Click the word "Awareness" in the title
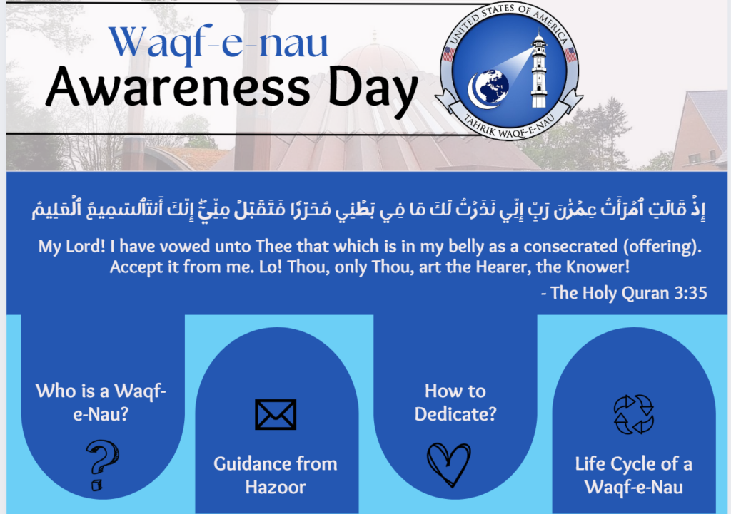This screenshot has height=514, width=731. (178, 87)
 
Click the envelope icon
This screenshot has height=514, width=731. (276, 414)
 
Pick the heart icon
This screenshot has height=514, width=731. (449, 464)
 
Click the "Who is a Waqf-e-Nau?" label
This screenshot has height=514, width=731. (101, 402)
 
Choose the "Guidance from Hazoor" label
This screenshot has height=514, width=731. (276, 475)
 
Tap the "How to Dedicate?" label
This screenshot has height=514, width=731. (455, 402)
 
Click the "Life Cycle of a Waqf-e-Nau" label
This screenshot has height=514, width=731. (634, 475)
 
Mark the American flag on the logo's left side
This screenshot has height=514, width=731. (448, 54)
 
